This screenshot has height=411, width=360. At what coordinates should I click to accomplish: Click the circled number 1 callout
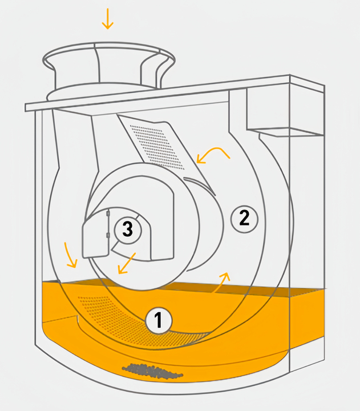point(159,321)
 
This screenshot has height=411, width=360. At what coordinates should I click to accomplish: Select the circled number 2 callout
point(245,217)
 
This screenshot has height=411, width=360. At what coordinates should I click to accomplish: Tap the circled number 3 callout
point(127,229)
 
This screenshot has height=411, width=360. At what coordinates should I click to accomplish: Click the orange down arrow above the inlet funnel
point(107,18)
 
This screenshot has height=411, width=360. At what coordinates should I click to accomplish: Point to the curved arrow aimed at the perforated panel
point(212,153)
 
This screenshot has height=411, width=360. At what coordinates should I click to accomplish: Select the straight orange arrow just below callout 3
point(126,263)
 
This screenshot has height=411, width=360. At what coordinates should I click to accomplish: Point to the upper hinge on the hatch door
point(108,215)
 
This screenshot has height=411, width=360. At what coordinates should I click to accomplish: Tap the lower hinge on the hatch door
point(108,235)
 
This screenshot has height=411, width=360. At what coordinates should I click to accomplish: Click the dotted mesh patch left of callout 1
point(100,306)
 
